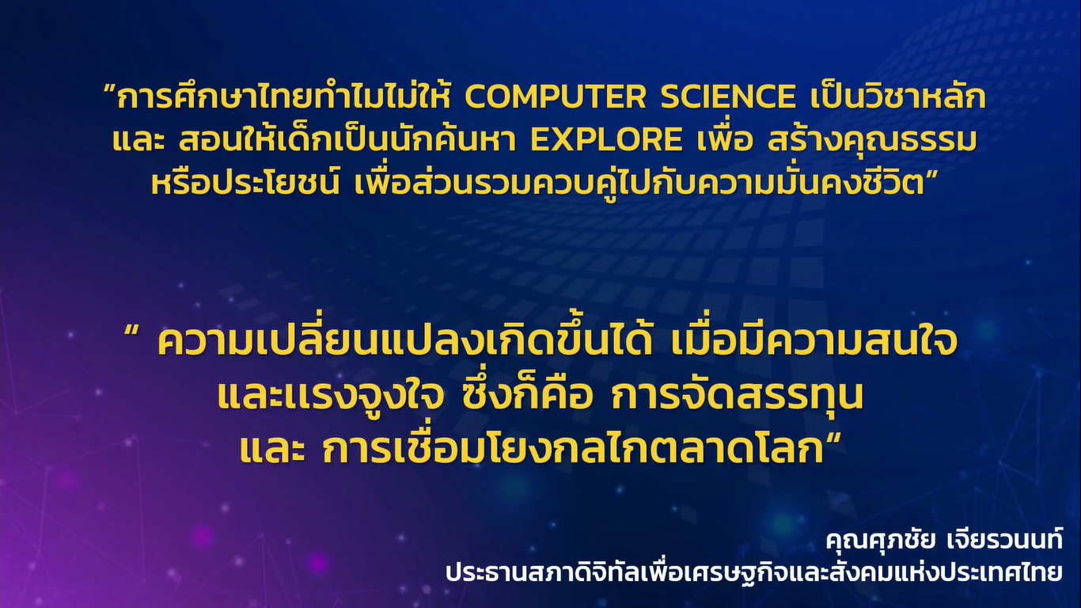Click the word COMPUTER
(555, 97)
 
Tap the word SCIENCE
(728, 97)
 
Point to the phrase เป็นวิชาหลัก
(898, 96)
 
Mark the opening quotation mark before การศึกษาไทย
(109, 89)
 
